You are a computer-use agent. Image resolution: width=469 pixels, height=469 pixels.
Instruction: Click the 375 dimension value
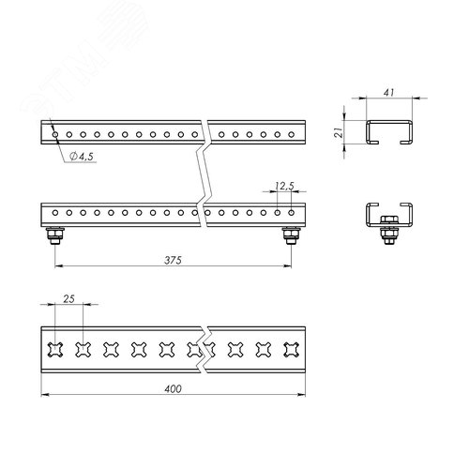173,260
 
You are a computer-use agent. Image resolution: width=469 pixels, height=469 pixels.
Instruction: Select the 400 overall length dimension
173,389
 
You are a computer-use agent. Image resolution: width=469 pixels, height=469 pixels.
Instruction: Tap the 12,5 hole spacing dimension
284,186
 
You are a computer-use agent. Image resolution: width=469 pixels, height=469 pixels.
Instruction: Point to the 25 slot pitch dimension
68,299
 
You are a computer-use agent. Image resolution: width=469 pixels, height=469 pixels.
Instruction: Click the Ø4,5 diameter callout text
82,156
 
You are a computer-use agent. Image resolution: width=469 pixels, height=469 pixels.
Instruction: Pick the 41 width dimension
388,93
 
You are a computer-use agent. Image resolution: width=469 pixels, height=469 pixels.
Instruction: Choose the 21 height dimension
339,132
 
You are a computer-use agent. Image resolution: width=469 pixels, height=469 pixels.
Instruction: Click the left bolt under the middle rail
55,235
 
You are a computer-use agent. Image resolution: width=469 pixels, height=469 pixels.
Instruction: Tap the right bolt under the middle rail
291,235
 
